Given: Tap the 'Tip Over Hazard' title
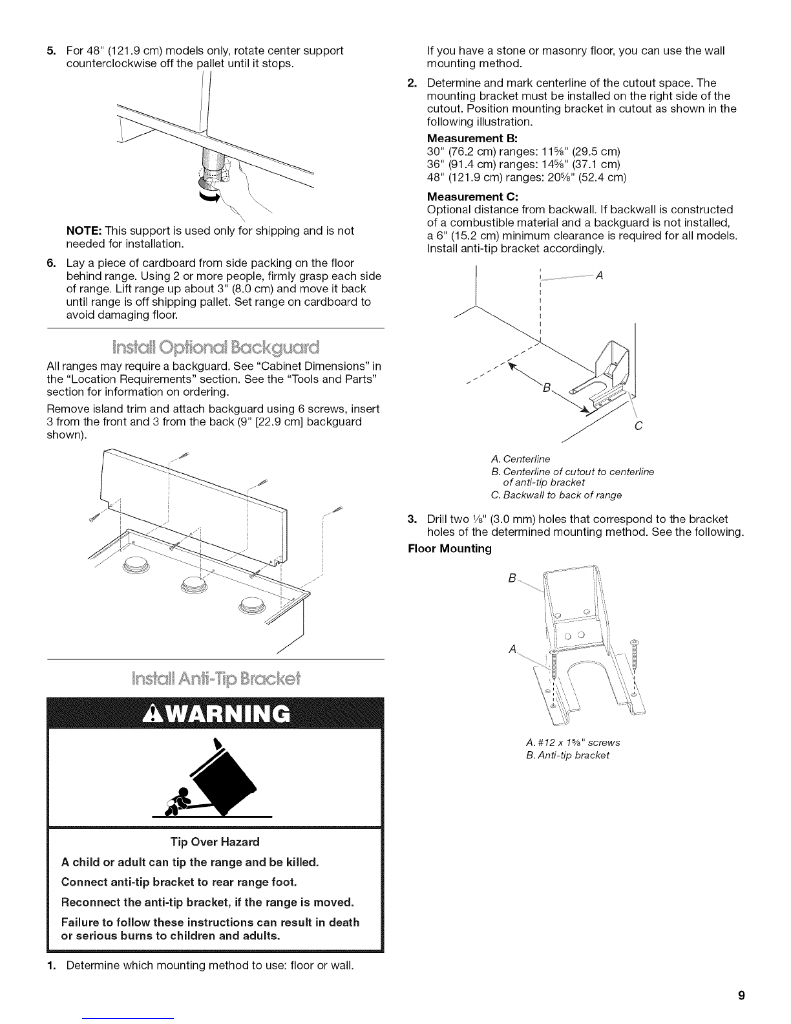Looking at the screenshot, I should pos(215,842).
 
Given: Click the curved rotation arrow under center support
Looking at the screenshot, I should pos(207,194).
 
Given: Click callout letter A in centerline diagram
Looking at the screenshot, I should pos(598,276).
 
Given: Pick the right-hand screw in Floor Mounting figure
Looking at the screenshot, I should pos(633,653).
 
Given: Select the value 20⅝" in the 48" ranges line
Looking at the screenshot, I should pos(538,177).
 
